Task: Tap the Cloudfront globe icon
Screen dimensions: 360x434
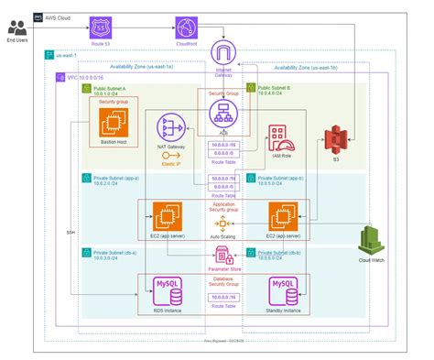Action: coord(187,27)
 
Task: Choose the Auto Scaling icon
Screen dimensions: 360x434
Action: coord(220,224)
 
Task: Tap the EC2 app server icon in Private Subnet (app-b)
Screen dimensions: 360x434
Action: coord(279,216)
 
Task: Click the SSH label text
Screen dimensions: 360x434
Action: coord(71,233)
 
